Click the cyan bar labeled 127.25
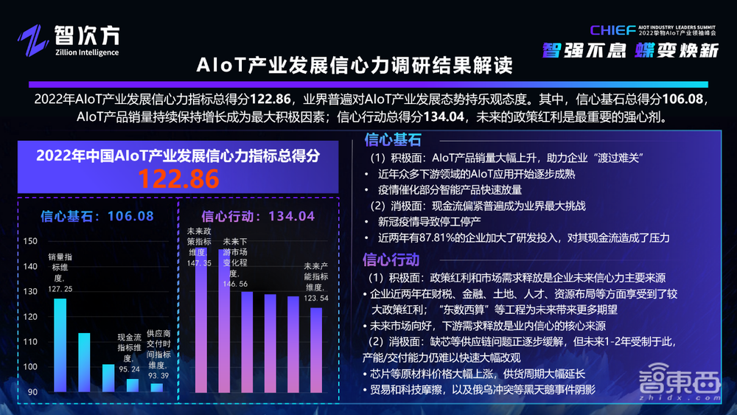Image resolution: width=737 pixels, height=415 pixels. (x=60, y=344)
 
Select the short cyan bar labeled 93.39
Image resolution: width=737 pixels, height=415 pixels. (x=156, y=387)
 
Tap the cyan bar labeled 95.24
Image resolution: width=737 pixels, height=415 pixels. (x=132, y=385)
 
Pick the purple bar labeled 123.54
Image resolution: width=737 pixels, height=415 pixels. (x=315, y=349)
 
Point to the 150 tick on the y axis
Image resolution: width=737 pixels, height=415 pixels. (x=30, y=242)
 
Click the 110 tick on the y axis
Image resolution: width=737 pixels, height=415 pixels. (x=30, y=342)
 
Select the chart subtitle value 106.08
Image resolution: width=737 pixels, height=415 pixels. (x=130, y=216)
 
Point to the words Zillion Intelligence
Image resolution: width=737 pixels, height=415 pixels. (x=86, y=52)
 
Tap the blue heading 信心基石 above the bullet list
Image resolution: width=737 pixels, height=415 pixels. (x=392, y=140)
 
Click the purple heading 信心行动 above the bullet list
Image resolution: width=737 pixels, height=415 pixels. (x=392, y=259)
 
